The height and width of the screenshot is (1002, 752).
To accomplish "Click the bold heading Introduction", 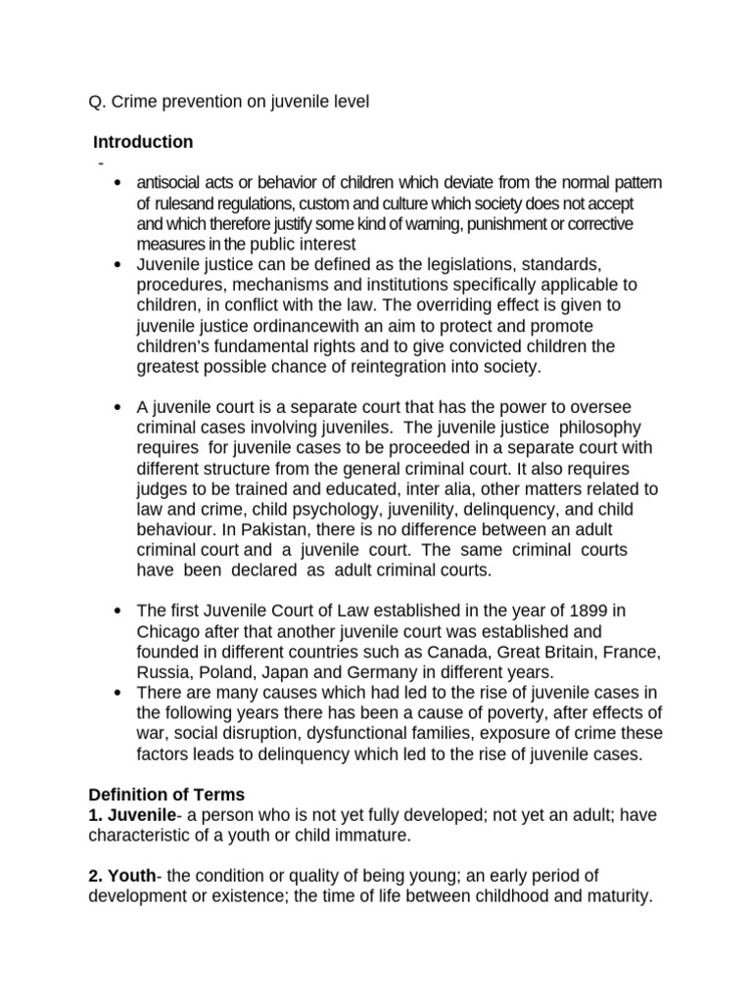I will (x=141, y=142).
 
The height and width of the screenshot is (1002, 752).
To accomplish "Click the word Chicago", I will (x=167, y=631).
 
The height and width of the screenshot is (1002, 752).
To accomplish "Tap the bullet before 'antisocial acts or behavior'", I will (x=117, y=183).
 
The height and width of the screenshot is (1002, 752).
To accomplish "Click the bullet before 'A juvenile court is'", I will (x=117, y=407).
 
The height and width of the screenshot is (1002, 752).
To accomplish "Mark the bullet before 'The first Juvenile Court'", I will (x=117, y=612).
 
